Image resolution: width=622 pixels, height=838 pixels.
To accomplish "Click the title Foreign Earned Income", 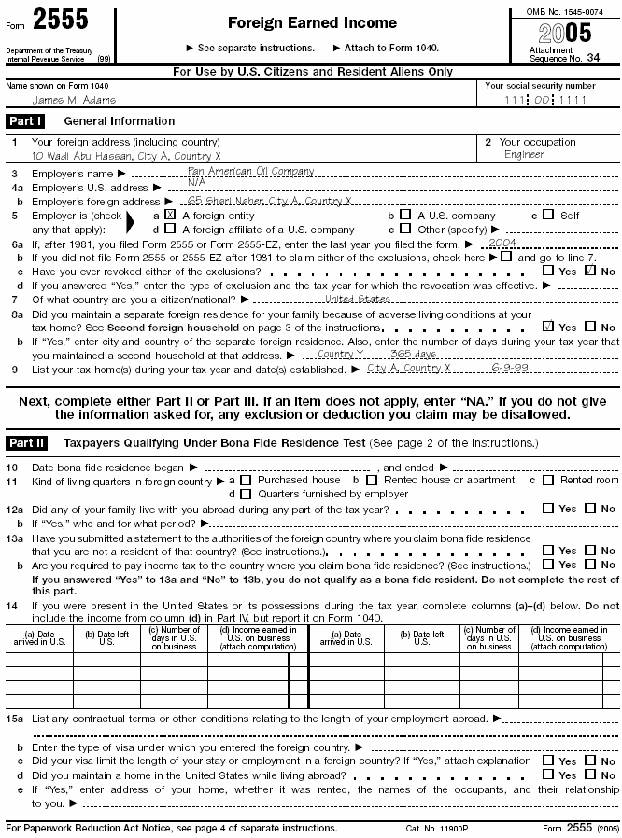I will coord(312,23).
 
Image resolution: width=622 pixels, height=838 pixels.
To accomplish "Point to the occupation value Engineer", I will coord(524,155).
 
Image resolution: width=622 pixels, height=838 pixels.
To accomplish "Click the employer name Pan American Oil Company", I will coord(250,172).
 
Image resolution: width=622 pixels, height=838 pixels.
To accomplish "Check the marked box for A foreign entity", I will coord(170,215).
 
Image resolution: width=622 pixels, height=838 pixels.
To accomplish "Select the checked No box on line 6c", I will coord(590,271).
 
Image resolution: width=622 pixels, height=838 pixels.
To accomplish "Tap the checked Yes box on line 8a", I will coord(548,328).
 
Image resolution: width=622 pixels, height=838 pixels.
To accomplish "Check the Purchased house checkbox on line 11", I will coord(246,481).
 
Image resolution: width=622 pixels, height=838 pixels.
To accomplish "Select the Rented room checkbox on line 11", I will coord(548,481).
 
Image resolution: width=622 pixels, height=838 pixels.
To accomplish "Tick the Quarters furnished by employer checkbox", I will coord(246,494).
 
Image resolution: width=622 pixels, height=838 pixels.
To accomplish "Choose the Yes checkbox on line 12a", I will coord(548,510).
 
